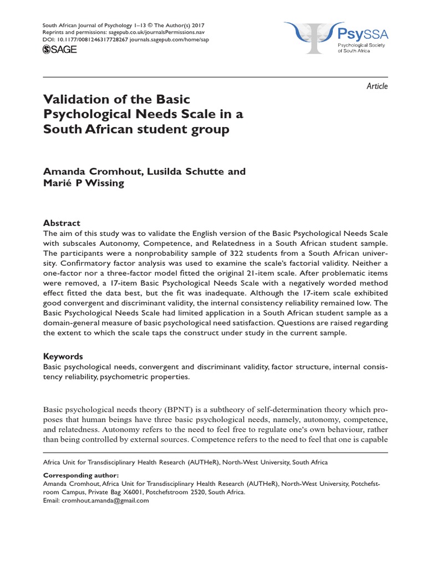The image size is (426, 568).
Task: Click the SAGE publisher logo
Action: tap(60, 50)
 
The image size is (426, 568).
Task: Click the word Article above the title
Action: tap(377, 86)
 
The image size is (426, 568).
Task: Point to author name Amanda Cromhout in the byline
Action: tap(91, 171)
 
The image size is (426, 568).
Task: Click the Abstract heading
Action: tap(62, 222)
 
